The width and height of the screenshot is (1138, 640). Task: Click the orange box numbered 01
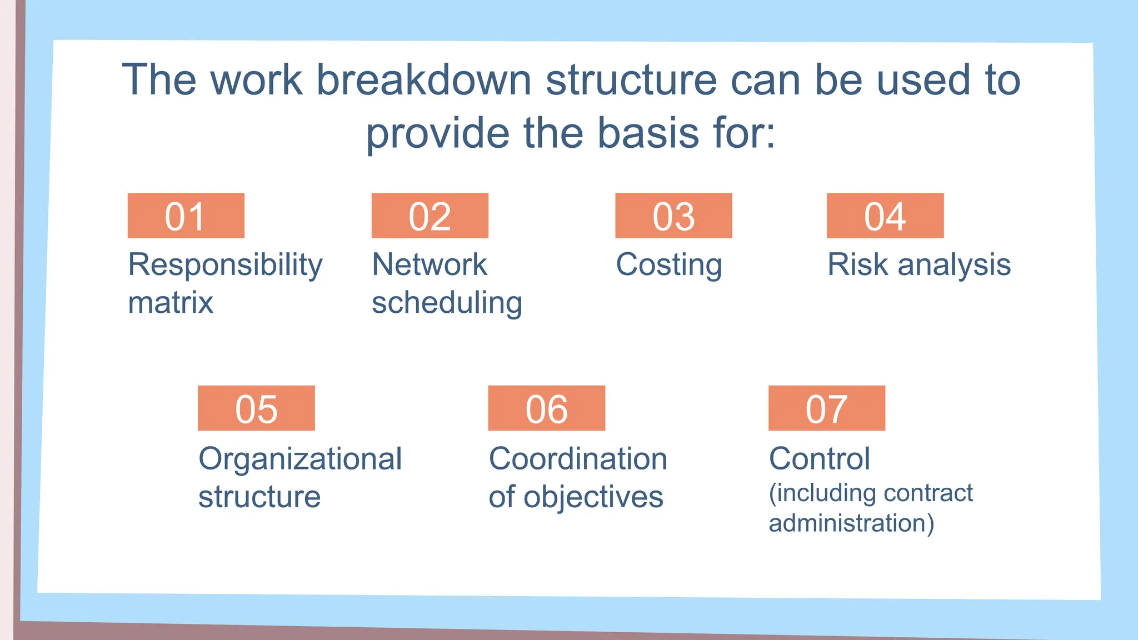(x=186, y=216)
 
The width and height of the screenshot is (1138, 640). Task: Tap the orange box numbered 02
(x=430, y=216)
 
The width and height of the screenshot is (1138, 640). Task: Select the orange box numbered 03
(x=673, y=216)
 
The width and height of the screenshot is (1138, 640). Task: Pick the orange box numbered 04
(x=885, y=216)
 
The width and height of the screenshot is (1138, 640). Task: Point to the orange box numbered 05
(x=256, y=408)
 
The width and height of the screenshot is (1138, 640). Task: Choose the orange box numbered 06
(x=546, y=408)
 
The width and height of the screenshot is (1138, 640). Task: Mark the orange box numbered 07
(x=826, y=408)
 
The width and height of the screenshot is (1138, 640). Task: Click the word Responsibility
(x=225, y=265)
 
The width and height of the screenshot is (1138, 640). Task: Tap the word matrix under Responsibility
(x=171, y=303)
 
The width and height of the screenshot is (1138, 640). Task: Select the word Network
(x=430, y=264)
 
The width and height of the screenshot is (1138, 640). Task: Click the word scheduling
(x=447, y=303)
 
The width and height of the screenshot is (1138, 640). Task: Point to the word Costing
(x=669, y=265)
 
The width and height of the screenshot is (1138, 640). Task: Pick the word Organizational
(x=300, y=459)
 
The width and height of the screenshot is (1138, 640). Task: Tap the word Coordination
(x=578, y=459)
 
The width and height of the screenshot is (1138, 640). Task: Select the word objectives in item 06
(x=593, y=497)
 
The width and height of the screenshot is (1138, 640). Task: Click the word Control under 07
(x=819, y=459)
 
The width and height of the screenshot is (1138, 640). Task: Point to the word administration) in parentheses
(x=851, y=523)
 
